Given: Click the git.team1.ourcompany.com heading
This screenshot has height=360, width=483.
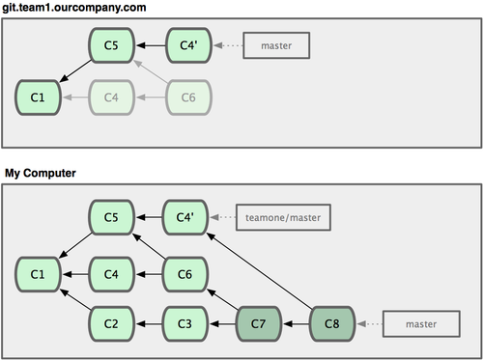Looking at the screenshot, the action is (x=74, y=8).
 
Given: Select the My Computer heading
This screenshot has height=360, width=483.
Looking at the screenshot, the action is (x=41, y=173).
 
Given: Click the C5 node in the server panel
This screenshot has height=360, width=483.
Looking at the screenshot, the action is (x=111, y=45).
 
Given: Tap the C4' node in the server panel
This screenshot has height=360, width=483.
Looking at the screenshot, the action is (x=188, y=45).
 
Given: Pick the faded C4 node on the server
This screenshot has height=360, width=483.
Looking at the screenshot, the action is (x=111, y=97).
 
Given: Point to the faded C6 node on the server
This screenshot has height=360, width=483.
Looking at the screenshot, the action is (x=188, y=97).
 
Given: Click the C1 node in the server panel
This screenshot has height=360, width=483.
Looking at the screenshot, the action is (x=38, y=97).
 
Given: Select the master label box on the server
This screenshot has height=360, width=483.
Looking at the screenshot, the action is (x=276, y=45).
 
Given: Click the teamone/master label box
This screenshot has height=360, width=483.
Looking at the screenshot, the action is (x=283, y=217).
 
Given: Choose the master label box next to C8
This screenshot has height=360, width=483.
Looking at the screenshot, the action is (x=421, y=324).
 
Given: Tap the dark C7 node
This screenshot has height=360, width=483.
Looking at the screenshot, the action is (x=258, y=323).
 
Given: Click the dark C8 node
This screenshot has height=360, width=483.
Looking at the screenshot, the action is (x=332, y=323).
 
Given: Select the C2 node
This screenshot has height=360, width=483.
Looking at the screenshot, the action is (x=111, y=323).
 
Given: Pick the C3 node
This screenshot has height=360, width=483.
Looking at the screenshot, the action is (x=185, y=323).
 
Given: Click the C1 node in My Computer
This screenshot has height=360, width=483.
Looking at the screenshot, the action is (x=38, y=274).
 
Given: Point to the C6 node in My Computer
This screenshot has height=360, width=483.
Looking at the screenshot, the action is (x=185, y=274).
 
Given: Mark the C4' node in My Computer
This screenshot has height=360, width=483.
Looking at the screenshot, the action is (x=185, y=217).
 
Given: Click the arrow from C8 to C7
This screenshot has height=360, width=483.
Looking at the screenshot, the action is (x=296, y=323).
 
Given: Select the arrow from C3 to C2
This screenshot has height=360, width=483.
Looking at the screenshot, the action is (x=149, y=323).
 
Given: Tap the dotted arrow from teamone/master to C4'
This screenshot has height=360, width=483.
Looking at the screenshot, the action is (x=222, y=217).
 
